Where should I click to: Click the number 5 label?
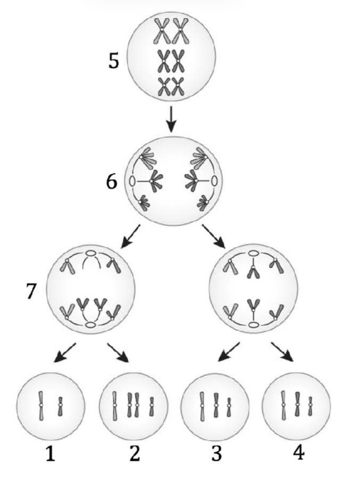tap(114, 60)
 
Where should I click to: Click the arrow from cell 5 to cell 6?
tap(172, 119)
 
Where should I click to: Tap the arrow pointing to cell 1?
tap(65, 353)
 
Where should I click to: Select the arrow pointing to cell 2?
tap(118, 353)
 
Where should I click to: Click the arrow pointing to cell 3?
tap(228, 352)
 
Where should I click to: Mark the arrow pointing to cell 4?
tap(282, 352)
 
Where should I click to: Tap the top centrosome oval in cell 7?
tap(90, 253)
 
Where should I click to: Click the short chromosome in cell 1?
tap(60, 406)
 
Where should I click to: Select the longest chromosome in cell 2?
tap(114, 406)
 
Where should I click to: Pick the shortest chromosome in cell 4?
tap(310, 406)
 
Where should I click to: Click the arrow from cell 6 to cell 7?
tap(130, 236)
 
